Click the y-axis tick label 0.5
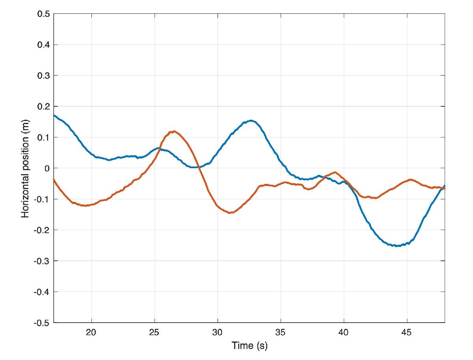(43, 14)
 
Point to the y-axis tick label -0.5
(42, 323)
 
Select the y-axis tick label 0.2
(43, 107)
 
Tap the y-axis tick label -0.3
(42, 261)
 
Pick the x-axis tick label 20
(91, 333)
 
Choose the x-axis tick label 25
(155, 333)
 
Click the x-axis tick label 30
(218, 333)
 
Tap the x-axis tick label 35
(281, 333)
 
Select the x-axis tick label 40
(344, 333)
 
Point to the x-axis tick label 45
(407, 333)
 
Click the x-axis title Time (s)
(250, 346)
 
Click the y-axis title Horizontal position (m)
(26, 168)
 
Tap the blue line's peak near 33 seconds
(251, 121)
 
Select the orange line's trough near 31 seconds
(230, 213)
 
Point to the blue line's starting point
(54, 115)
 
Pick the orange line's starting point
(54, 179)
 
